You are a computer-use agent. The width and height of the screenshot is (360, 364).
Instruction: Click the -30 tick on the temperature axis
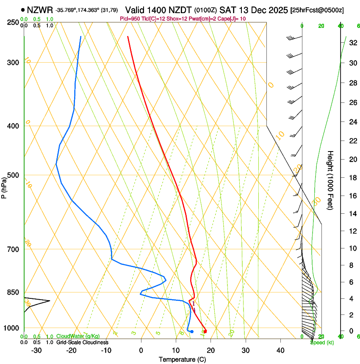pyautogui.click(x=36, y=350)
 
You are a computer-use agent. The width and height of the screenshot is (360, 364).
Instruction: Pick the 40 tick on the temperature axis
pyautogui.click(x=280, y=350)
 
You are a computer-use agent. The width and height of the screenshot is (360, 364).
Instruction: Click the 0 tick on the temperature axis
pyautogui.click(x=141, y=350)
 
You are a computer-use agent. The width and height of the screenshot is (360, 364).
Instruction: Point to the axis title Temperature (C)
pyautogui.click(x=183, y=359)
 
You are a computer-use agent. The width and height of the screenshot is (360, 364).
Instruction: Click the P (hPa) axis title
pyautogui.click(x=4, y=186)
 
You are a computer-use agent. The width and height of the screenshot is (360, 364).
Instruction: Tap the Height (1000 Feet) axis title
pyautogui.click(x=331, y=180)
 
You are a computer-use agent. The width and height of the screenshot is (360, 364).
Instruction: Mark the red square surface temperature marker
pyautogui.click(x=205, y=331)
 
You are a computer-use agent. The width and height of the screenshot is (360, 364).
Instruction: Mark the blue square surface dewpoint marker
pyautogui.click(x=192, y=331)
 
